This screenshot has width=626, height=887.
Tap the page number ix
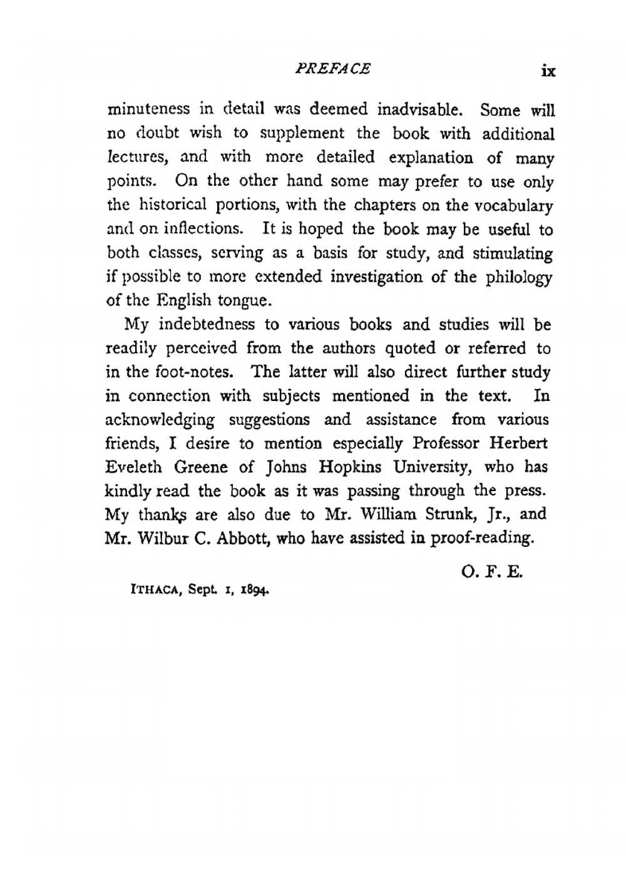click(548, 71)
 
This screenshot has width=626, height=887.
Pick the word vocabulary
click(514, 206)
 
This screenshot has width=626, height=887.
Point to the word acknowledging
click(160, 420)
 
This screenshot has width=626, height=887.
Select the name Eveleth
click(133, 467)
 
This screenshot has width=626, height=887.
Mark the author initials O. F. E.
click(491, 572)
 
